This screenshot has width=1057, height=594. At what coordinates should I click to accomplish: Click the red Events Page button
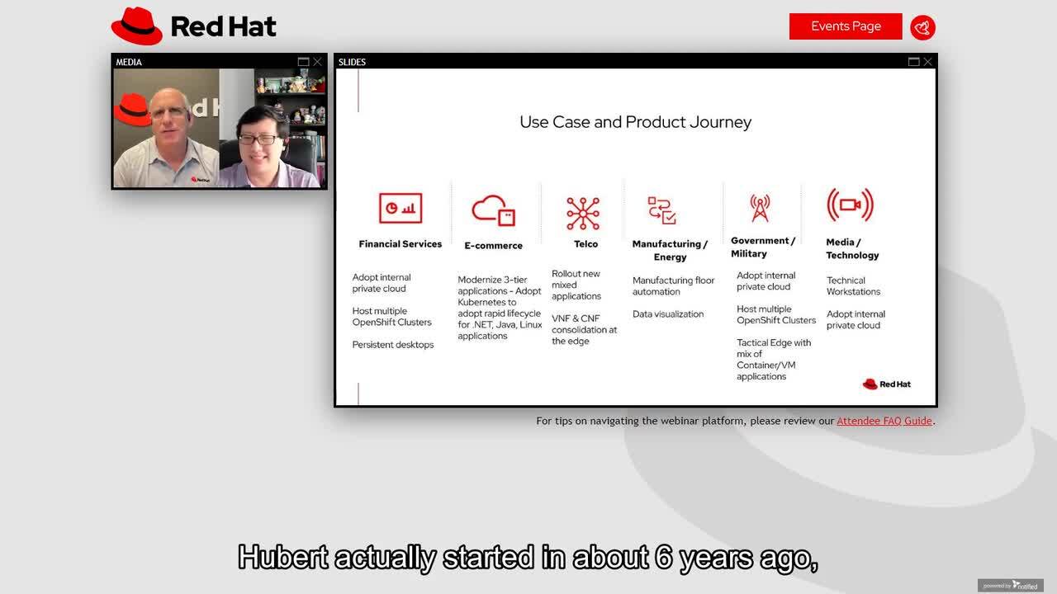click(845, 26)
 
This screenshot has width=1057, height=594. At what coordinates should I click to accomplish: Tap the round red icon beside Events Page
click(922, 27)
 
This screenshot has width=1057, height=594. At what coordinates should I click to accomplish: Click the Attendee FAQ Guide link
click(884, 421)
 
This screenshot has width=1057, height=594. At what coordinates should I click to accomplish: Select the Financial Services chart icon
click(401, 208)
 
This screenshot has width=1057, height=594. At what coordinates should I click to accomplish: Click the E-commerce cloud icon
click(493, 210)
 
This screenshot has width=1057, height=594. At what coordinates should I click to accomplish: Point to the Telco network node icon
click(583, 213)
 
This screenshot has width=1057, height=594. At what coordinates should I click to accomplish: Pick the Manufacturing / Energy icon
click(661, 210)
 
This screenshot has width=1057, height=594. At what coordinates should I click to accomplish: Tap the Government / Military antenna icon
click(760, 208)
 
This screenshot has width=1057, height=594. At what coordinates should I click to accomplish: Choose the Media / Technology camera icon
click(850, 205)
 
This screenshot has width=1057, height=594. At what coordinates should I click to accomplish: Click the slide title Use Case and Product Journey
click(635, 122)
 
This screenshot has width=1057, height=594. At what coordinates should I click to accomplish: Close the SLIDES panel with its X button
click(927, 62)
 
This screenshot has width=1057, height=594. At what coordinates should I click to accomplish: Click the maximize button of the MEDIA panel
click(303, 62)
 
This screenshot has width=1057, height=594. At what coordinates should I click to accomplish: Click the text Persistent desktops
click(393, 345)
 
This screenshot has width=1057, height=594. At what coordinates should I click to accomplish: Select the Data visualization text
click(668, 314)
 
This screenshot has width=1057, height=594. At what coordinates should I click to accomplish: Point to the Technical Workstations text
click(853, 286)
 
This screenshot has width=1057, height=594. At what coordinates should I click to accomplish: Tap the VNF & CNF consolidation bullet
click(584, 330)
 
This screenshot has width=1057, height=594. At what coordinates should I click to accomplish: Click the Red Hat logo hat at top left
click(137, 26)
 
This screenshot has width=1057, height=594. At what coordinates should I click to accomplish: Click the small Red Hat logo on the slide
click(886, 384)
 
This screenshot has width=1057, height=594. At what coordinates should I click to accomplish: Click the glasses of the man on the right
click(258, 139)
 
